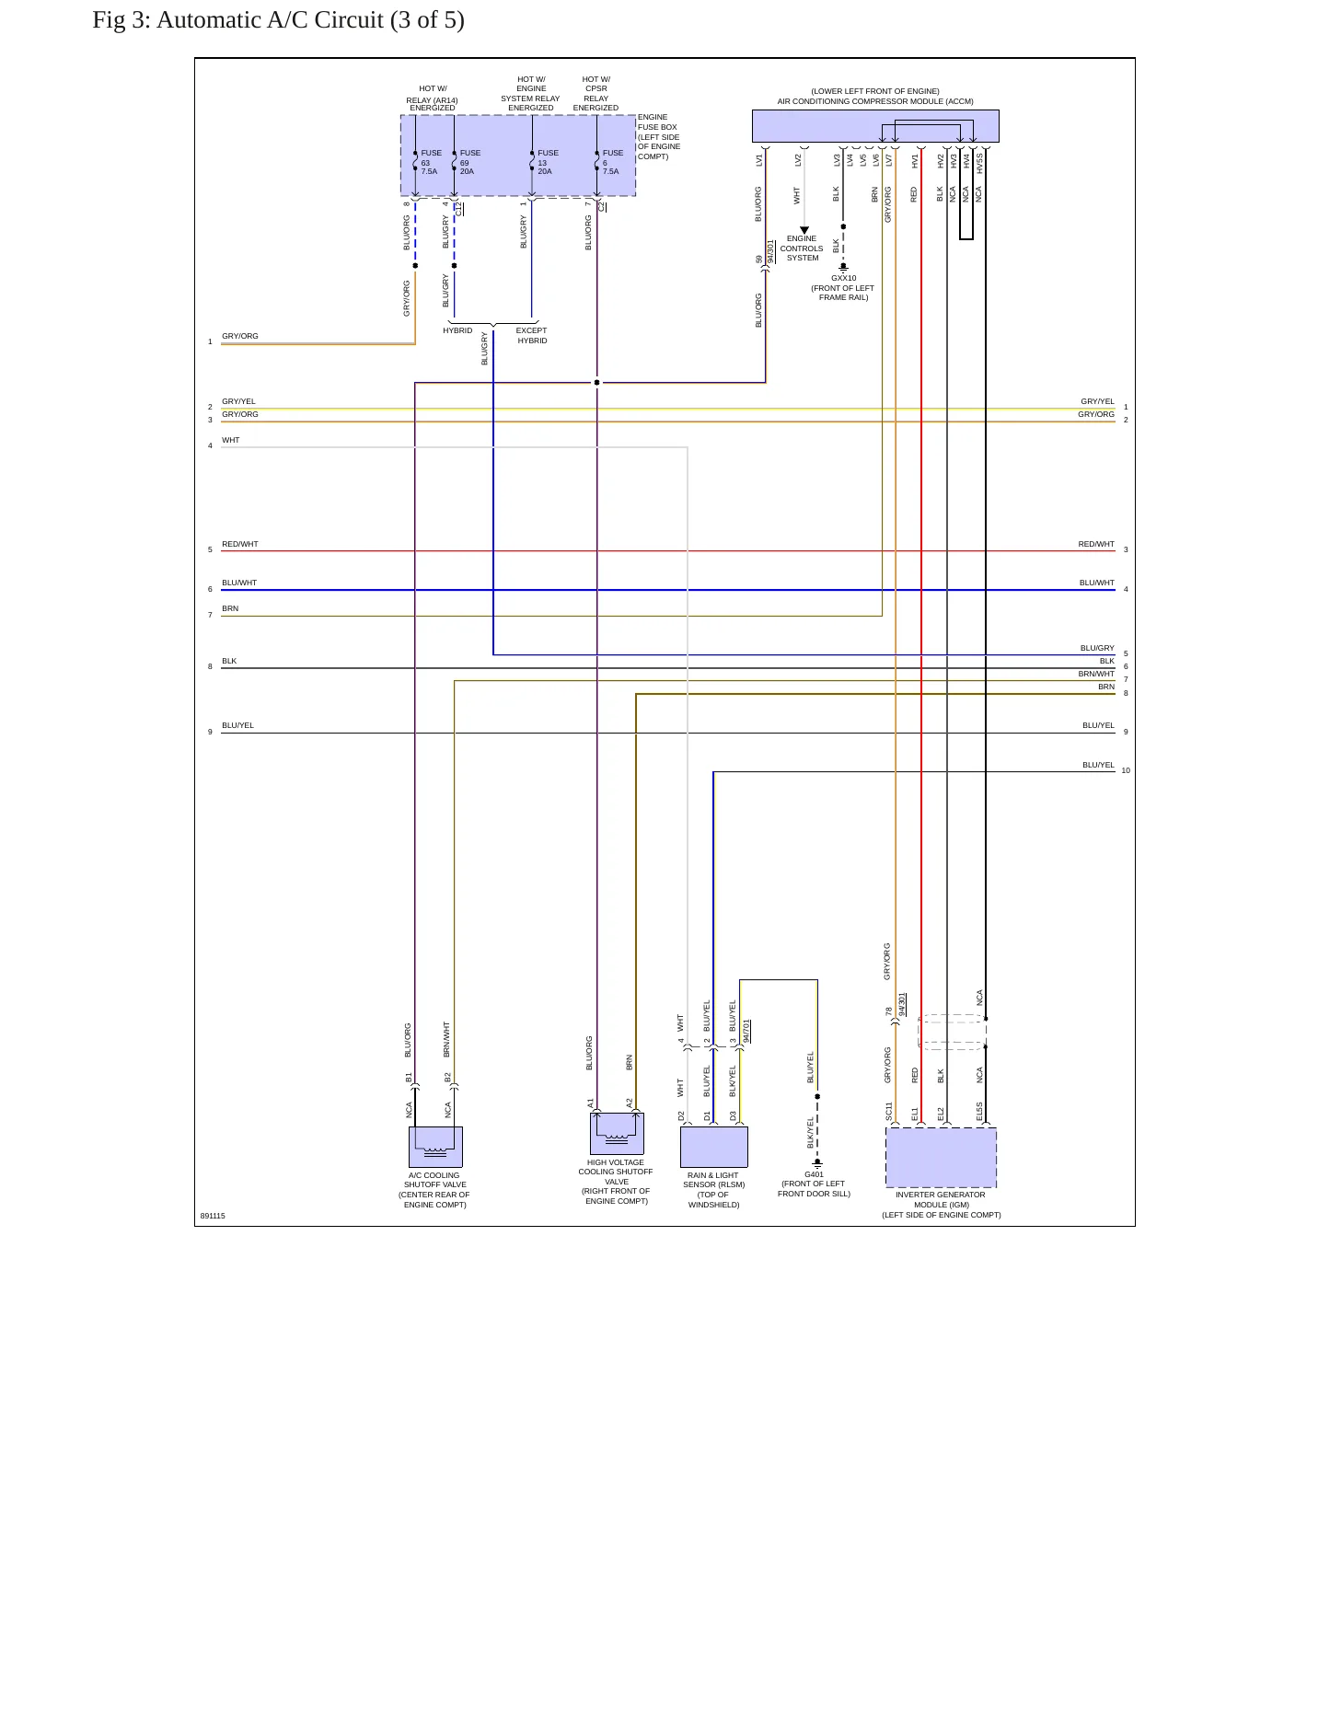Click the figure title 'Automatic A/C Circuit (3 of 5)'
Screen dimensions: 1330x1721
310,20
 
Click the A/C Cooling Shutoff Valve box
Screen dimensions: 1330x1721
435,1147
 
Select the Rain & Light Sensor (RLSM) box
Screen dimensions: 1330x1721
713,1147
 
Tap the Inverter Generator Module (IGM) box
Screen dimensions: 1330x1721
941,1157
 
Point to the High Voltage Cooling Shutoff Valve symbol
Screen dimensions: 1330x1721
617,1133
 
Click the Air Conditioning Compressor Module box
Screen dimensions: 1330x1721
875,126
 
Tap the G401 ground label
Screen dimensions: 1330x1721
814,1174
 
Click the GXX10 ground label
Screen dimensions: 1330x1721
843,278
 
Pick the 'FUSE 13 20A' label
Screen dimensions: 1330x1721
548,162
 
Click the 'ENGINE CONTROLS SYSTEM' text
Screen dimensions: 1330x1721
802,248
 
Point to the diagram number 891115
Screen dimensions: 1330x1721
213,1216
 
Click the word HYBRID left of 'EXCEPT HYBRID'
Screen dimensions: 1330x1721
457,330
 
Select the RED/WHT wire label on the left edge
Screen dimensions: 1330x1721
240,544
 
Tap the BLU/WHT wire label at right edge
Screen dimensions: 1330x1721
1097,583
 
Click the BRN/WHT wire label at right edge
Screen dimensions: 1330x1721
1096,674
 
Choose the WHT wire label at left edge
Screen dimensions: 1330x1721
230,440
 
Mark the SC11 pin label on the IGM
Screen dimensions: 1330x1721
889,1112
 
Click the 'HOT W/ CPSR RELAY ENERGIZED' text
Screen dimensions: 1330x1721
596,94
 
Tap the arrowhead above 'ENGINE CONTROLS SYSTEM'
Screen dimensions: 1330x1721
804,230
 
